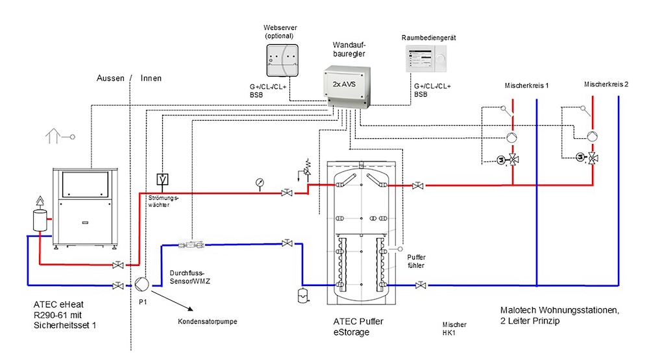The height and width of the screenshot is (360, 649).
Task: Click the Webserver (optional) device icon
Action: click(282, 60)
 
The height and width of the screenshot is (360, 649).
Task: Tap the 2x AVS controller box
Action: click(347, 87)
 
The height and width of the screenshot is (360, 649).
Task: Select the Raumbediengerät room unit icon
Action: click(426, 59)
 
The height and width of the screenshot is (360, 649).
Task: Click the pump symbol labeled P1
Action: click(141, 284)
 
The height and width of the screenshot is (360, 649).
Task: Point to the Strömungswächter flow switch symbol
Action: click(162, 179)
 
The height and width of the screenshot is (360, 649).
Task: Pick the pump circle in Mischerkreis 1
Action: click(512, 138)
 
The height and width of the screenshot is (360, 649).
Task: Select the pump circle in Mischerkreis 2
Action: click(592, 136)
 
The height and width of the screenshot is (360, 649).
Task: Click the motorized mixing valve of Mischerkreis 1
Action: click(508, 160)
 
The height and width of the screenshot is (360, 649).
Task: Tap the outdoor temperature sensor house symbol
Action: click(53, 136)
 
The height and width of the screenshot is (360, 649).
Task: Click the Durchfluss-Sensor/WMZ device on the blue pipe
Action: click(191, 245)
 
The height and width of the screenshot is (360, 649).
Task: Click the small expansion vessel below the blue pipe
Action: click(303, 295)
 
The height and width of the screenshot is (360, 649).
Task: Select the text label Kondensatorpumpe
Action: click(208, 322)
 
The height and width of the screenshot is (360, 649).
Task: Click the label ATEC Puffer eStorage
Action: click(358, 327)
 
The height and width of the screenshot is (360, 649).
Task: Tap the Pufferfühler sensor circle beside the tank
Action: click(400, 249)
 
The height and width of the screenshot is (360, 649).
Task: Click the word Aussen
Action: click(110, 78)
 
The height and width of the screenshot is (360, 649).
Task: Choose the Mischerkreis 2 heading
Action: click(606, 84)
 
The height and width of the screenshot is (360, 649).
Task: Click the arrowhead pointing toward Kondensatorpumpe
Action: click(190, 309)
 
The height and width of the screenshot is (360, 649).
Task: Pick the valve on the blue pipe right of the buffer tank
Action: click(421, 285)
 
